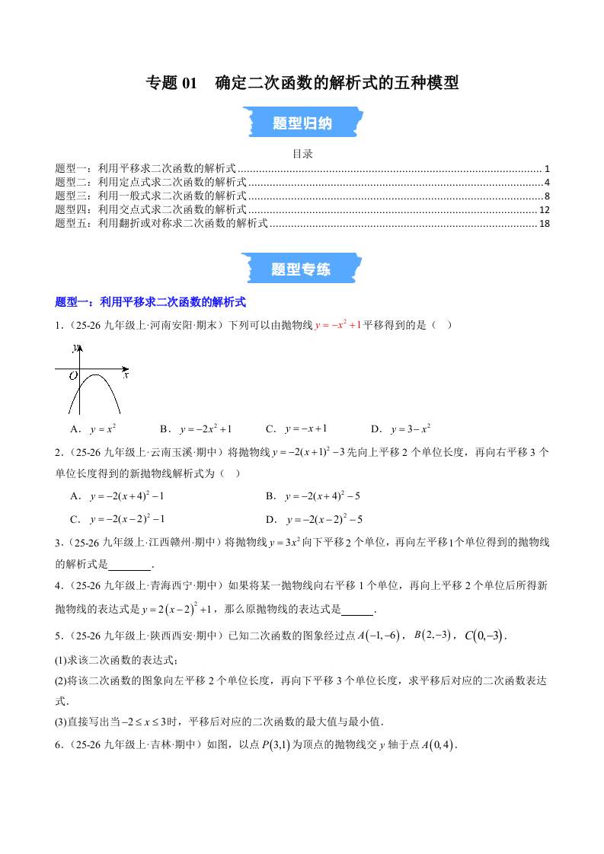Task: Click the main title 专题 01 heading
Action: point(302,82)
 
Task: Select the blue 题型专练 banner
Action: point(302,269)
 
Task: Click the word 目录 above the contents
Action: point(302,154)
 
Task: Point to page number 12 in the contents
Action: point(544,209)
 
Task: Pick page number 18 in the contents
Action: point(544,223)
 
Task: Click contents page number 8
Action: point(547,196)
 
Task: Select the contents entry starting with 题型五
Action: point(161,223)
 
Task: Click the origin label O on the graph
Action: point(74,376)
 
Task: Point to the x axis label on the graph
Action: point(126,375)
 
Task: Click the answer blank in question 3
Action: point(130,565)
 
